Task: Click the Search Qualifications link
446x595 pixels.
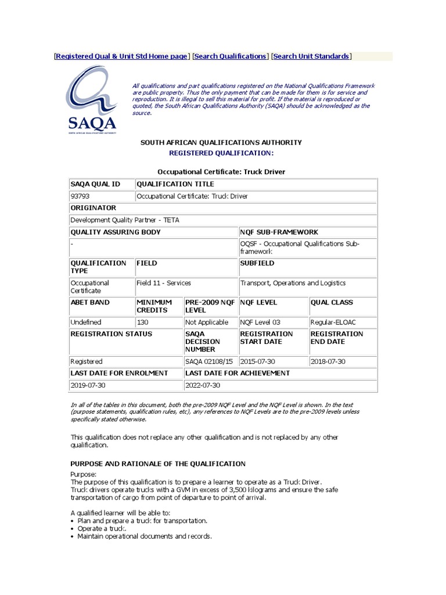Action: (x=229, y=56)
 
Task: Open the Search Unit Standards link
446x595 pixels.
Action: (x=311, y=56)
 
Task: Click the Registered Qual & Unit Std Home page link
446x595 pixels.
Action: (x=121, y=56)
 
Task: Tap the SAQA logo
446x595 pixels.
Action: (x=91, y=100)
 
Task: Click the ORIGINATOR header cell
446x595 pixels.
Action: (x=93, y=208)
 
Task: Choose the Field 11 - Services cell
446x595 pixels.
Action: (x=164, y=283)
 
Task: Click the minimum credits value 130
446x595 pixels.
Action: (x=142, y=322)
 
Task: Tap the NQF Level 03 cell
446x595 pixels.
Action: (x=259, y=322)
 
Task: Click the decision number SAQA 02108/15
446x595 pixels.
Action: (x=208, y=361)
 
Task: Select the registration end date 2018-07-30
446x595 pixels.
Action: (x=329, y=361)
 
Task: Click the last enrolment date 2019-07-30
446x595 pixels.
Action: (x=88, y=385)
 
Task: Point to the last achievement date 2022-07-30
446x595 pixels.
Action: (x=203, y=385)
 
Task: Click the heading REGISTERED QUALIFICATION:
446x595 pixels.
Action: (x=221, y=153)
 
